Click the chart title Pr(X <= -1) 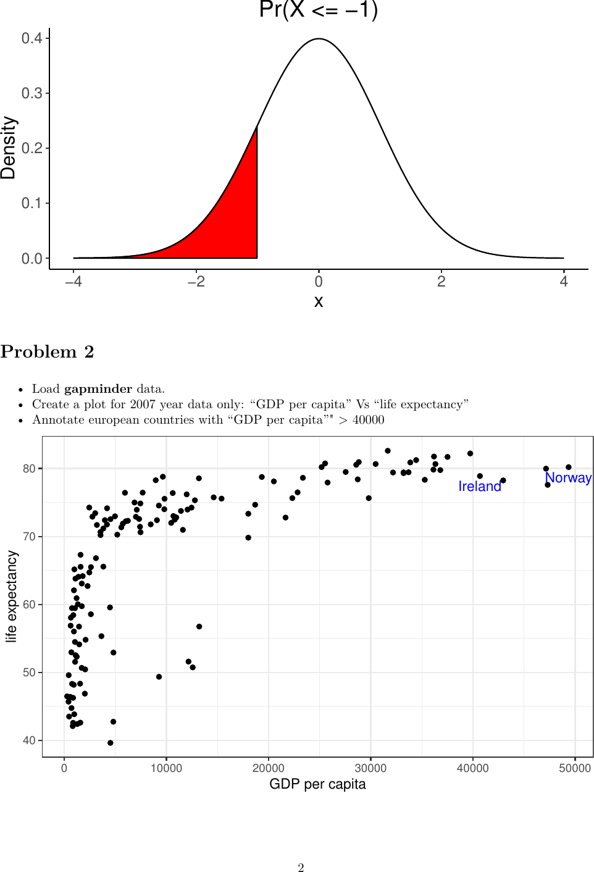(x=318, y=10)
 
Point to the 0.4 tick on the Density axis (x=32, y=38)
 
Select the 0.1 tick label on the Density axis (x=32, y=203)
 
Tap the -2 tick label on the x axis (x=196, y=282)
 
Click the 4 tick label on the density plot (x=563, y=282)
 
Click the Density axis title (x=9, y=148)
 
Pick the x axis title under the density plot (x=319, y=301)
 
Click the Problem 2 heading (x=47, y=352)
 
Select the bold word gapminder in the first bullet (x=98, y=389)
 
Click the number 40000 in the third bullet (x=368, y=420)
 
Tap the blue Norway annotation (x=568, y=478)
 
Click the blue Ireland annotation (x=480, y=487)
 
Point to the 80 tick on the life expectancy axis (x=29, y=469)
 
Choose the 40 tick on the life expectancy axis (x=29, y=740)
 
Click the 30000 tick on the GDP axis (x=370, y=768)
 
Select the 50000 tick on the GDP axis (x=574, y=768)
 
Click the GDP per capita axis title (x=317, y=784)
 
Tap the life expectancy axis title (x=11, y=597)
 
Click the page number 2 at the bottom (x=301, y=868)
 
